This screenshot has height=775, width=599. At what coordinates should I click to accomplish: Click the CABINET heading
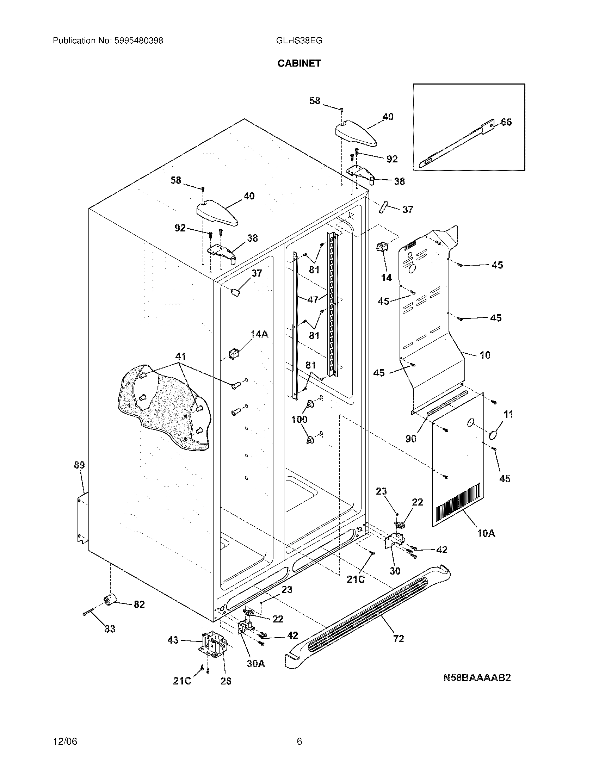(299, 63)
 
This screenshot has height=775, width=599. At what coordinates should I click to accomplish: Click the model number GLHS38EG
(299, 41)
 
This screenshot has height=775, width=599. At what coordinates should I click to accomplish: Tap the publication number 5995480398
(138, 41)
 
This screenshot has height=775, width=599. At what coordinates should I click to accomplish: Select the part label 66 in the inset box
(506, 122)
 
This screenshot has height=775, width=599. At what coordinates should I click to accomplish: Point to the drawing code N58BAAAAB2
(477, 678)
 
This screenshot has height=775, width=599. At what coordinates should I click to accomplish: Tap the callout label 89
(79, 465)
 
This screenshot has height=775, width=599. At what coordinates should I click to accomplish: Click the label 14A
(259, 334)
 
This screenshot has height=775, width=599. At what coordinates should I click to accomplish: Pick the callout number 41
(180, 356)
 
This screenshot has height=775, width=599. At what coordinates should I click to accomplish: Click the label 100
(299, 420)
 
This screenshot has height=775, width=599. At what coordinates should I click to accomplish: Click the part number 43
(173, 640)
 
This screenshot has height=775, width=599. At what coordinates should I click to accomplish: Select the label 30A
(256, 663)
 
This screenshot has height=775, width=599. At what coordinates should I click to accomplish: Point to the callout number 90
(410, 439)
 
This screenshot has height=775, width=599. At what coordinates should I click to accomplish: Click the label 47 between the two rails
(313, 299)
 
